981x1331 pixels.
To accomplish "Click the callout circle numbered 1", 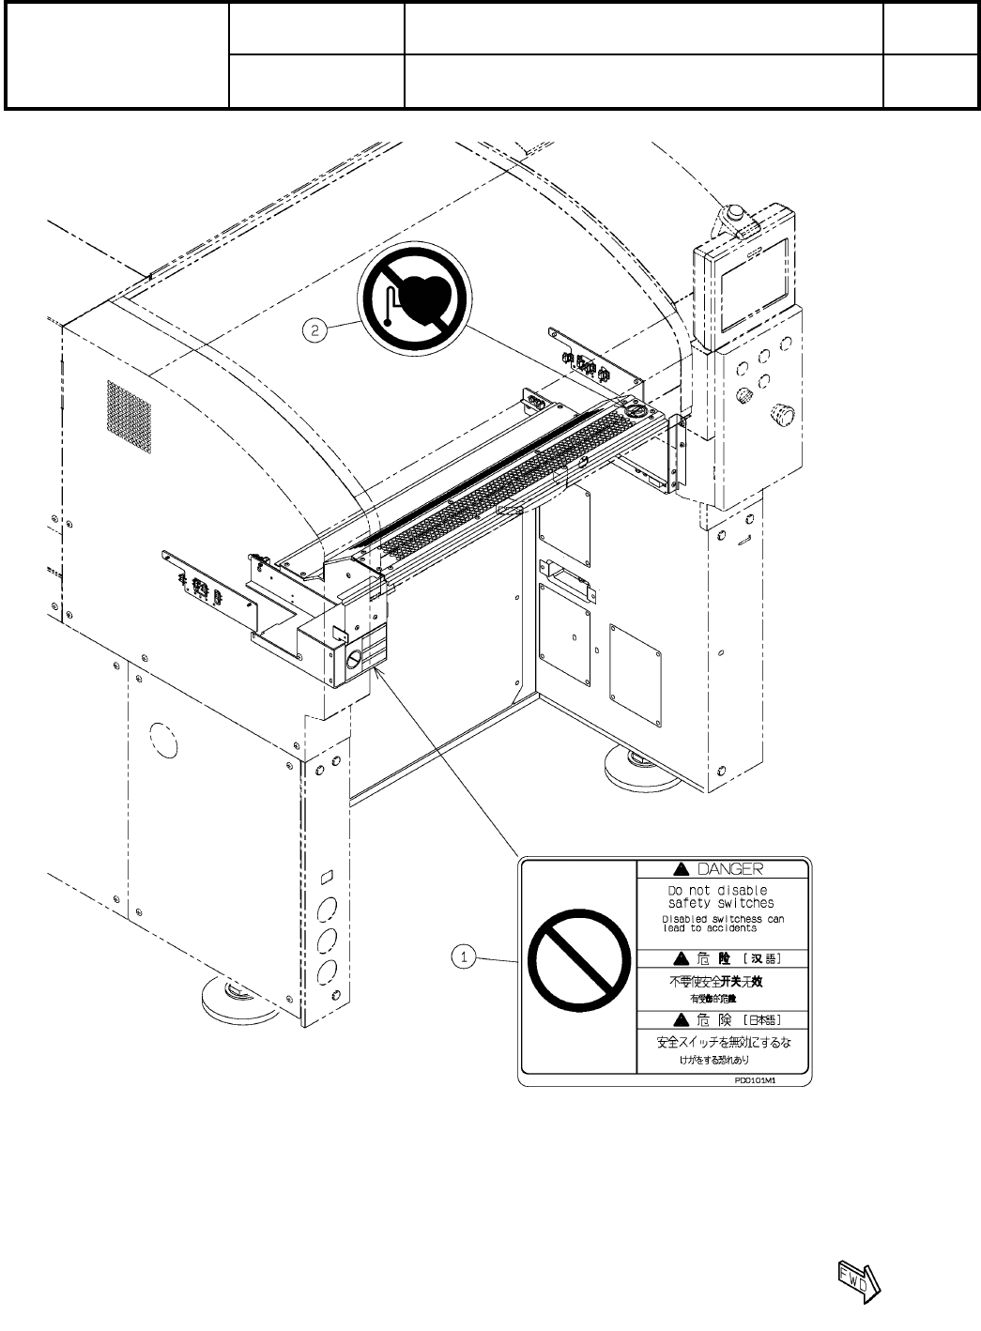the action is click(x=463, y=957).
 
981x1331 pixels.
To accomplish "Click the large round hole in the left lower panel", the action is click(x=161, y=737).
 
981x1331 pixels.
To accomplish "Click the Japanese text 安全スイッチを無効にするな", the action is click(x=722, y=1042).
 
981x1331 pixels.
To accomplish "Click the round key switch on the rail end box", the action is click(x=354, y=660).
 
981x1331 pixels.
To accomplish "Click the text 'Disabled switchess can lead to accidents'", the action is click(x=722, y=923).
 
